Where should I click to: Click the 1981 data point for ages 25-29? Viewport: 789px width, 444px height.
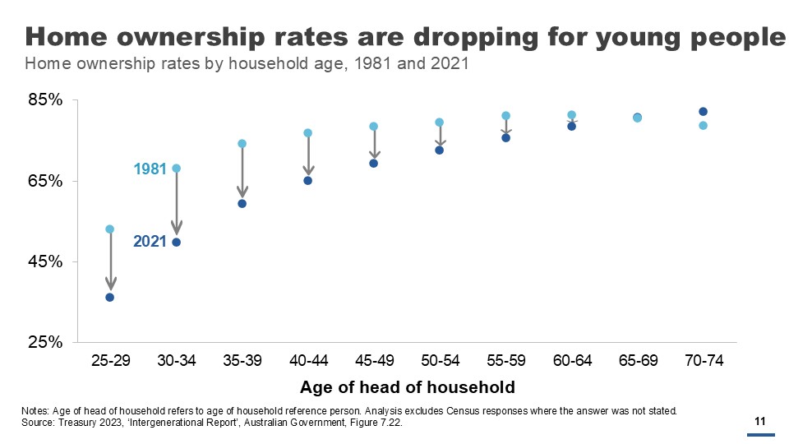(x=110, y=229)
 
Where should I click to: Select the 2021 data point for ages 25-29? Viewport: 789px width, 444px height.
(x=110, y=297)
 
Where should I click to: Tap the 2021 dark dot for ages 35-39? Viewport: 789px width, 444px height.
(x=242, y=203)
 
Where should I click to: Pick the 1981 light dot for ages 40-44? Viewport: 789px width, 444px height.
(x=308, y=132)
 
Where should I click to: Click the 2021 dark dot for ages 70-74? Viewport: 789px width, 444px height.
(x=704, y=112)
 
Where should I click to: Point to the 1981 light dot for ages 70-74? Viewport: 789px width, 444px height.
(x=704, y=126)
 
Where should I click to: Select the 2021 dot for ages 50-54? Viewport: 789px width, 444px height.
(x=440, y=150)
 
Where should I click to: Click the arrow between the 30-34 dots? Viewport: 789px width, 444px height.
(x=176, y=206)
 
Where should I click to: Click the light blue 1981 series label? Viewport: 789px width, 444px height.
(x=150, y=169)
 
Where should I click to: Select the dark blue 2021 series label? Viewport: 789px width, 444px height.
(x=150, y=242)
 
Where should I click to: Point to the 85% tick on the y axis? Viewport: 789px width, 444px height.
(x=46, y=100)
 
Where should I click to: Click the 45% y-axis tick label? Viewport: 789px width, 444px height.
(x=46, y=261)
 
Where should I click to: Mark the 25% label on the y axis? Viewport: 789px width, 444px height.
(x=46, y=342)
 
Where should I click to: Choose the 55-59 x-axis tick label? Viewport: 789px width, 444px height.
(x=506, y=361)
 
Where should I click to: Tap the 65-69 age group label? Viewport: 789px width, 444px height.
(x=638, y=361)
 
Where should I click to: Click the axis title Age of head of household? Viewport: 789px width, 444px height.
(x=407, y=387)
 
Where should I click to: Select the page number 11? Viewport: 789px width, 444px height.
(x=760, y=422)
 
